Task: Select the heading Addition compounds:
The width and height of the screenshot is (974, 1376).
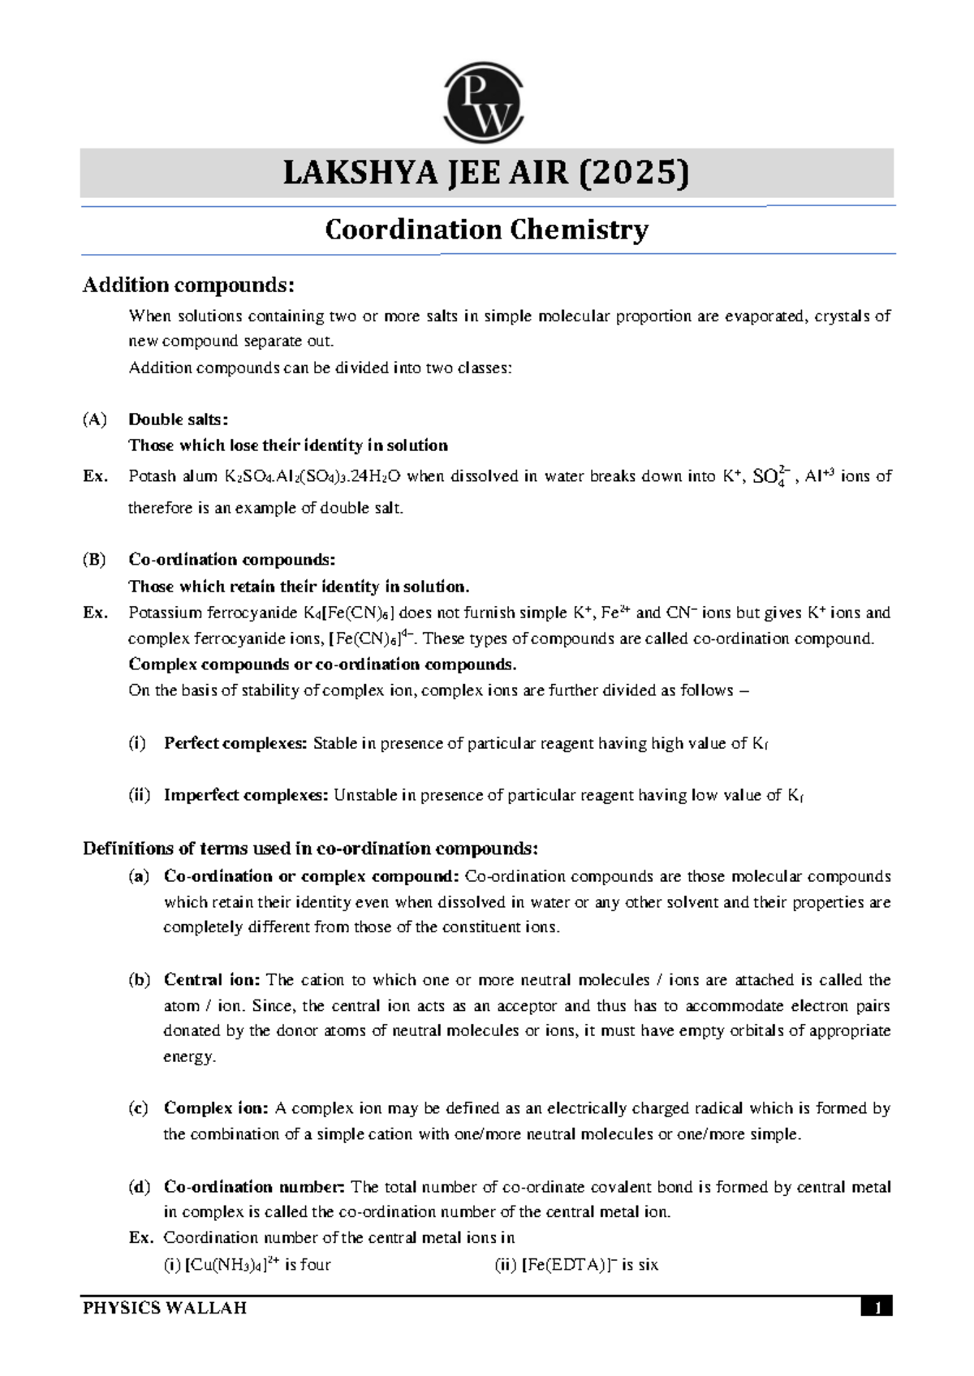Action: point(188,285)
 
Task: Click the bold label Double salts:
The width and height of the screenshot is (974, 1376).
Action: point(178,419)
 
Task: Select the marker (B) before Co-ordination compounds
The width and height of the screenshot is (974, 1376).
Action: point(94,560)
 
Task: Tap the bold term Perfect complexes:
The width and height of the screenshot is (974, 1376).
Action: point(235,743)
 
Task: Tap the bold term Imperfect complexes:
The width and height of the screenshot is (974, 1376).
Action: point(246,795)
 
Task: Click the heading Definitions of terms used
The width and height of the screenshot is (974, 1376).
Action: point(310,849)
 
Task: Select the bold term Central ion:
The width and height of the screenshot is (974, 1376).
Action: point(212,979)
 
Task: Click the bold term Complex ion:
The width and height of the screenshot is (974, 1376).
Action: point(215,1108)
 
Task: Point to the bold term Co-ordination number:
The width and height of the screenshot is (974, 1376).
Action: point(254,1187)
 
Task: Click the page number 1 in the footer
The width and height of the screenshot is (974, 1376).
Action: point(877,1308)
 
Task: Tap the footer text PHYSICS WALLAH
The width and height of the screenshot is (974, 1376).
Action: point(165,1308)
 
